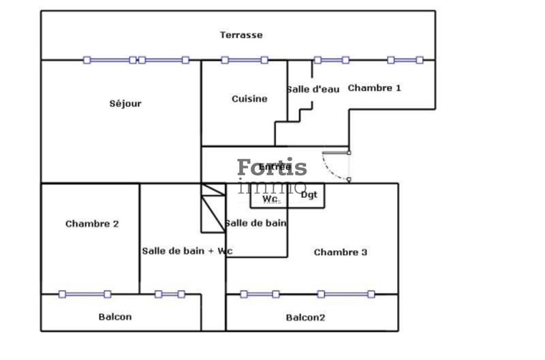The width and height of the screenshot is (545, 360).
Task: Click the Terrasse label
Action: (240, 35)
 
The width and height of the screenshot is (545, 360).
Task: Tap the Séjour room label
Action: (125, 104)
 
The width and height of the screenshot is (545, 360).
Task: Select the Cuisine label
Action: (249, 99)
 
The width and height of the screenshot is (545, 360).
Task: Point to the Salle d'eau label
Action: (313, 89)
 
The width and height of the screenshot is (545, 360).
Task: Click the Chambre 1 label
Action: (375, 88)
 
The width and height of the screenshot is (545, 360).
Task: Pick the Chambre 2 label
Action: (92, 224)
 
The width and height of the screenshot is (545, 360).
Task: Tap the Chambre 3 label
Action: (341, 252)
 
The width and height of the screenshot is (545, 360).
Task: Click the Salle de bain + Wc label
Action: (187, 251)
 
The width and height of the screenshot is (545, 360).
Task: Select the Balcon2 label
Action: (305, 317)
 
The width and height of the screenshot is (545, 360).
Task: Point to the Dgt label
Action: (309, 195)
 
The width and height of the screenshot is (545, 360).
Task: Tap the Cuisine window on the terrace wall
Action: (245, 60)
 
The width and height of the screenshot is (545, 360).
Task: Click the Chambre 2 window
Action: (84, 295)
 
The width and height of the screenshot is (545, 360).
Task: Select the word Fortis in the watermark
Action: (272, 168)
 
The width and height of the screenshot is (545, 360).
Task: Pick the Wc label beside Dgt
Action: (270, 199)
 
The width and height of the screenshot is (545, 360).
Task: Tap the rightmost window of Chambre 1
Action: (405, 60)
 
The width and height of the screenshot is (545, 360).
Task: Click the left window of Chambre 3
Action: (260, 295)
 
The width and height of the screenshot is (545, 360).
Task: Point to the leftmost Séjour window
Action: (110, 60)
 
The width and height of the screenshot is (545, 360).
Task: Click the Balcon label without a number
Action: (115, 316)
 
